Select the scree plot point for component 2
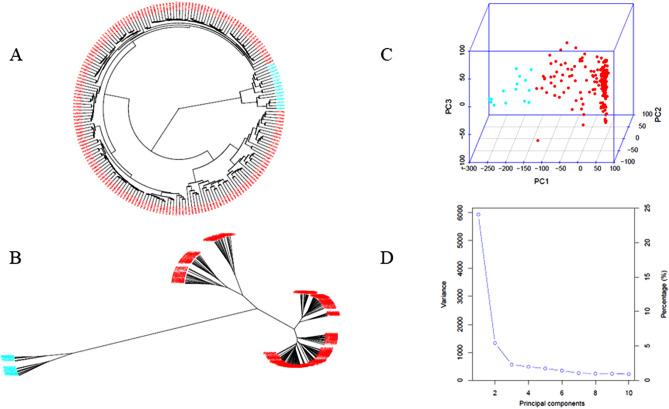click(495, 343)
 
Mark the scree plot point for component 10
click(628, 374)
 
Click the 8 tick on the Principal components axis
click(595, 393)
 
